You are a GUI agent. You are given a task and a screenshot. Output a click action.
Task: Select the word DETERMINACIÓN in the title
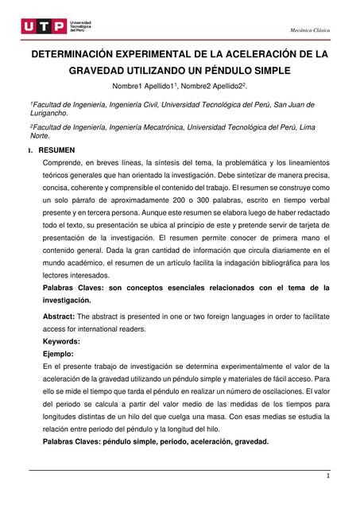point(79,55)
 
